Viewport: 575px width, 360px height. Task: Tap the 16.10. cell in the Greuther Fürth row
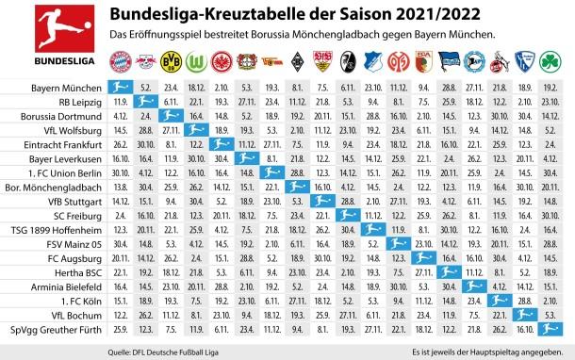tap(525, 330)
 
